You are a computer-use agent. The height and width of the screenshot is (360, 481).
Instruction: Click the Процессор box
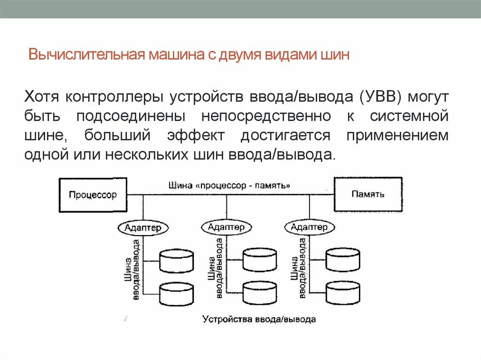(x=93, y=195)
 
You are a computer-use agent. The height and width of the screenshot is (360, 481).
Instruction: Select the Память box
(x=368, y=194)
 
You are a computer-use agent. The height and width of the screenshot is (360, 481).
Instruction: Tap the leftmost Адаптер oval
(x=143, y=228)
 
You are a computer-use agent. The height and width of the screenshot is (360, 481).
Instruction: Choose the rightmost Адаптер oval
(x=309, y=227)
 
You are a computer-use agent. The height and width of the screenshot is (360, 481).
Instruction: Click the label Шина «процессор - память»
(x=229, y=185)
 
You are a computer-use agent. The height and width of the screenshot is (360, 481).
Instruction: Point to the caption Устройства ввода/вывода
(x=259, y=319)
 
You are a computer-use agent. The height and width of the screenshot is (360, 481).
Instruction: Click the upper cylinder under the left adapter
(x=177, y=261)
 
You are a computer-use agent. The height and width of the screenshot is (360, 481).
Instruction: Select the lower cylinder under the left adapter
(x=177, y=294)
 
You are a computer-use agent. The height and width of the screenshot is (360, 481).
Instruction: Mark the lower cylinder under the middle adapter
(x=260, y=293)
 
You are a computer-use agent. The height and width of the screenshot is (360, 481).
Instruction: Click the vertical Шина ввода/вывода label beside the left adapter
(x=131, y=270)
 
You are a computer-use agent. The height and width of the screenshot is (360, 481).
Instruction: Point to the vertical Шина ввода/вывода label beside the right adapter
(x=297, y=269)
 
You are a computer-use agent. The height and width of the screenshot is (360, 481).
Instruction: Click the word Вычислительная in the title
(x=87, y=55)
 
